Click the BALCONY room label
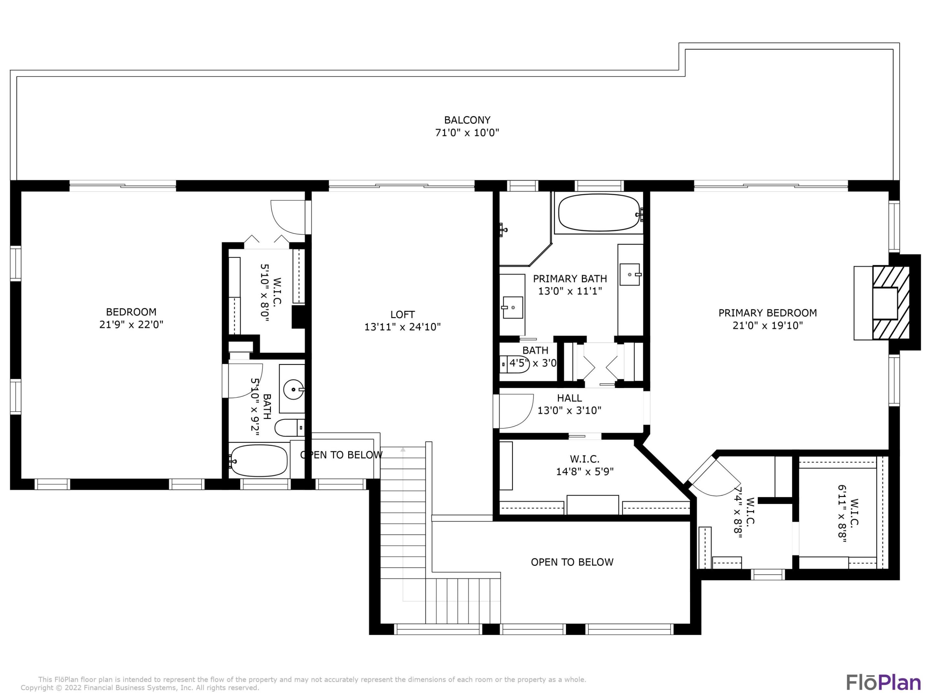[x=467, y=120]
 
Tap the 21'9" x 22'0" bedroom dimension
[x=131, y=325]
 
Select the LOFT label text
[x=402, y=314]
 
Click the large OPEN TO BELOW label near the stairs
[x=572, y=562]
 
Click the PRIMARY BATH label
[x=570, y=279]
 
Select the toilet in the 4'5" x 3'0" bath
[x=513, y=364]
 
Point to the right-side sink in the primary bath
[x=630, y=274]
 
